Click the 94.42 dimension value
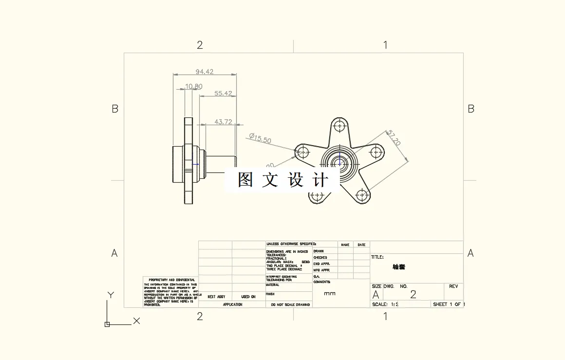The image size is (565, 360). [x=205, y=72]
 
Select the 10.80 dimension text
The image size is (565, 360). [x=193, y=87]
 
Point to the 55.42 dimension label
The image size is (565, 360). [x=223, y=93]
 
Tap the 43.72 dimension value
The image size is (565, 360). [x=223, y=122]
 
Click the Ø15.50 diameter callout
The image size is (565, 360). [x=260, y=138]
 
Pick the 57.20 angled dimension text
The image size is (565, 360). [x=393, y=138]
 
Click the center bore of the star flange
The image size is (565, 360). [x=339, y=163]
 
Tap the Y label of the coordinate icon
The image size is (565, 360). [x=111, y=295]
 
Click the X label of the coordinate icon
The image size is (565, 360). [x=136, y=321]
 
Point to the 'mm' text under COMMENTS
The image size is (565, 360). [x=330, y=294]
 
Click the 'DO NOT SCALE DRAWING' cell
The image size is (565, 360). [x=288, y=304]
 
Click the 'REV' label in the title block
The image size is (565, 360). [x=453, y=286]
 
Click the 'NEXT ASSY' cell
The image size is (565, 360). [x=216, y=297]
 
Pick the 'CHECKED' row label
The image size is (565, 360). [x=320, y=257]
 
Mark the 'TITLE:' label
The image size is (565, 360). [x=377, y=257]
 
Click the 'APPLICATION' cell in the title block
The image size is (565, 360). [x=232, y=304]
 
